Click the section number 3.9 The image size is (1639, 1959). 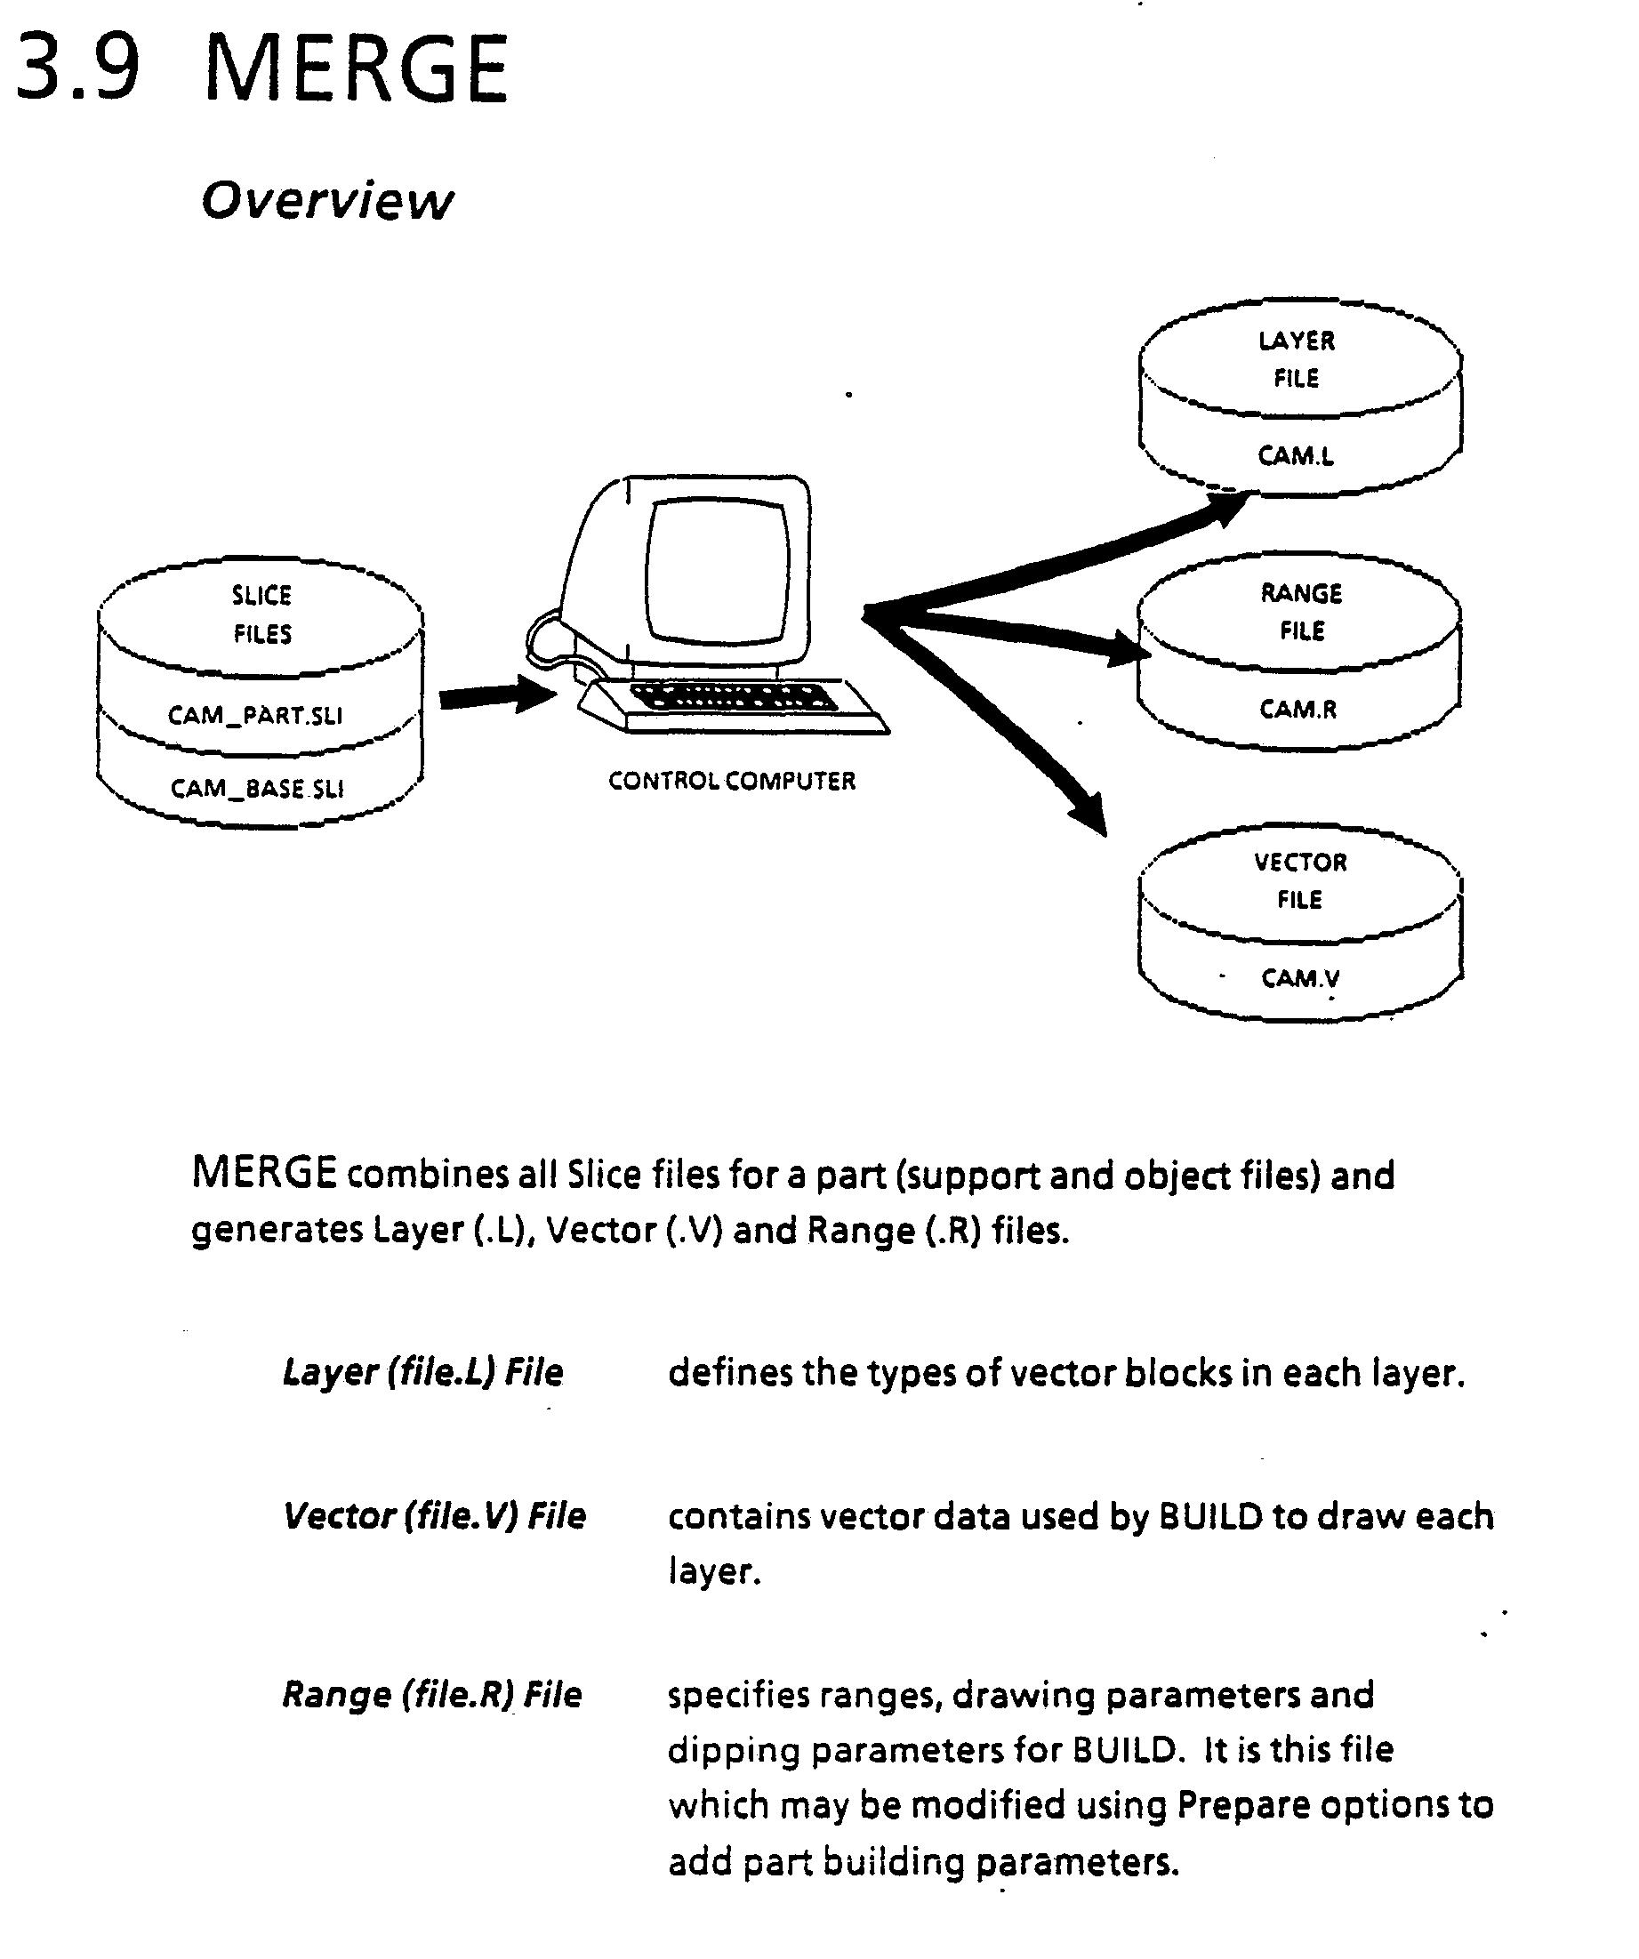[x=78, y=68]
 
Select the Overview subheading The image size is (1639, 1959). [x=326, y=201]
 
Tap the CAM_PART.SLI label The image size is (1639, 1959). [x=254, y=716]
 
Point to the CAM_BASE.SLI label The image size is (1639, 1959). [x=256, y=789]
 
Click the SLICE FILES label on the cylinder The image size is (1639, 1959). [x=262, y=614]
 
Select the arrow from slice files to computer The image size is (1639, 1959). [x=494, y=695]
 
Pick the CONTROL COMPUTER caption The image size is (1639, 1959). [x=731, y=781]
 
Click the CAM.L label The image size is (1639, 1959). [x=1296, y=456]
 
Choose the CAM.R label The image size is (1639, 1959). [x=1298, y=710]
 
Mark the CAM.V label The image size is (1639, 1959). [x=1300, y=978]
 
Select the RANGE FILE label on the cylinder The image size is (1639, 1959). [x=1301, y=612]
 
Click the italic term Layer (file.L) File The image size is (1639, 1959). [x=422, y=1372]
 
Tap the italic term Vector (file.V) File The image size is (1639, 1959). [x=434, y=1516]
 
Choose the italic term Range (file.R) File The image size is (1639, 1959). [x=432, y=1694]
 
